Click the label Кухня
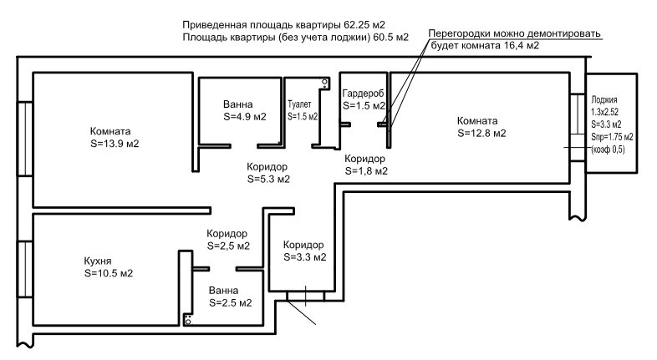pos(99,261)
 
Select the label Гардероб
pos(363,93)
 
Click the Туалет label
pos(299,104)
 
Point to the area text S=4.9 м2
pos(244,117)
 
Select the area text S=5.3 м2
pos(269,179)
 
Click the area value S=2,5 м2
pos(229,246)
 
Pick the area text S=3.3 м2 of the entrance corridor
pos(304,257)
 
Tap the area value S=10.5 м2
pos(109,273)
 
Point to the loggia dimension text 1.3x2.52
pos(604,110)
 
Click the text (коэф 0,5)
pos(608,148)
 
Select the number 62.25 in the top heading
pos(361,23)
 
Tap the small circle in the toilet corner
pos(325,81)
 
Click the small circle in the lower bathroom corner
pos(189,320)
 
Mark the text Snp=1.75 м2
pos(612,135)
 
